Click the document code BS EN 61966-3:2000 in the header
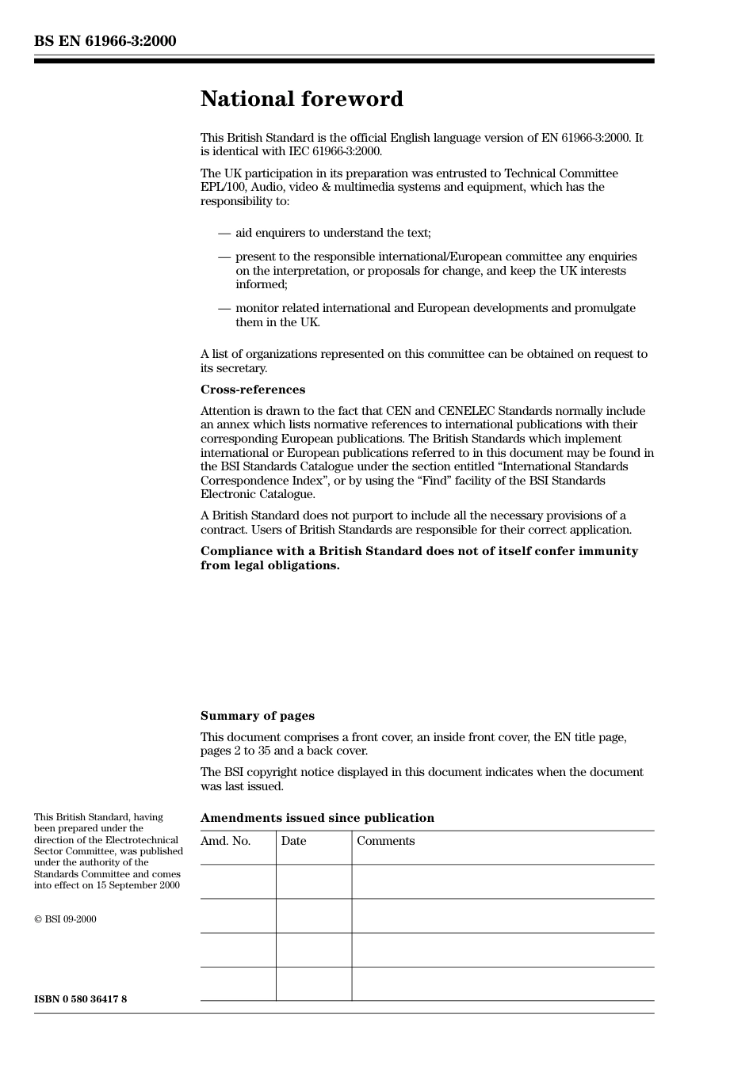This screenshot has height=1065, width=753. [x=105, y=41]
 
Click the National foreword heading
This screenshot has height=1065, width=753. [x=301, y=99]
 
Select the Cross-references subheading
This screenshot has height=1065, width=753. [x=252, y=390]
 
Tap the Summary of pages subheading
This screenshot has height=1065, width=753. [x=257, y=716]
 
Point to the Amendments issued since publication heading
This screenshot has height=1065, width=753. [x=317, y=818]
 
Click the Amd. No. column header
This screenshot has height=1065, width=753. [x=225, y=841]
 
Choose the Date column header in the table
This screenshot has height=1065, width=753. [x=293, y=841]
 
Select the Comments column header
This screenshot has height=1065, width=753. [x=385, y=841]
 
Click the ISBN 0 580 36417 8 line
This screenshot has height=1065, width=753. [x=80, y=999]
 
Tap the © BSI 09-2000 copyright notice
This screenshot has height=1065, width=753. [x=65, y=919]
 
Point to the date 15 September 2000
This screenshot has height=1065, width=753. [x=138, y=885]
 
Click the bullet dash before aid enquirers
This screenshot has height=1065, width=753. [x=224, y=233]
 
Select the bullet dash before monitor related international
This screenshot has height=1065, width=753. [x=224, y=308]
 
